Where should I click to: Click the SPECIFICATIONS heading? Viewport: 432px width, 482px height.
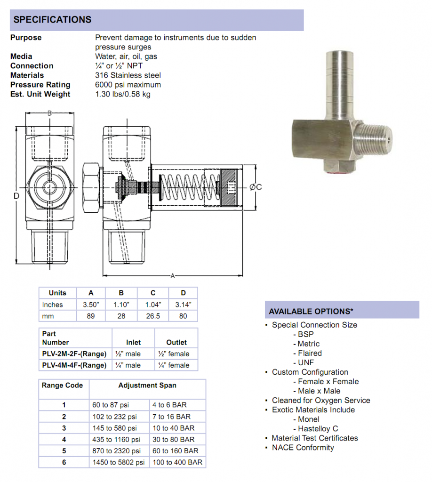click(52, 20)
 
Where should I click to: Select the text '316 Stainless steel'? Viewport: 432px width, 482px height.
click(128, 75)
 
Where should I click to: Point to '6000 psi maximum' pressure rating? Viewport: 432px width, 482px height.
click(128, 85)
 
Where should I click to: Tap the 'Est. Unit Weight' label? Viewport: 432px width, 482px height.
click(40, 94)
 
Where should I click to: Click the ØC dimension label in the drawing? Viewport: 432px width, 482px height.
click(256, 187)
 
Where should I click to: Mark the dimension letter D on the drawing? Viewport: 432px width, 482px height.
click(16, 195)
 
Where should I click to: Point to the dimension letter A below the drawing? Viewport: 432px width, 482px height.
click(172, 275)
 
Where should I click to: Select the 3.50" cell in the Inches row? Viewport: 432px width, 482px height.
click(91, 305)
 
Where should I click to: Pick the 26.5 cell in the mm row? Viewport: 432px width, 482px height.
click(153, 316)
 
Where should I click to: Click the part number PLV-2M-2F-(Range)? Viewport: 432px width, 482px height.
click(74, 354)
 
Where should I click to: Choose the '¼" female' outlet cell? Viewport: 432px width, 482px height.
click(176, 365)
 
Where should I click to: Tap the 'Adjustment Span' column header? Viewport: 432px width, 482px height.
click(147, 386)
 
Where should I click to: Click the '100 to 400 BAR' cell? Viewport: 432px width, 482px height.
click(177, 463)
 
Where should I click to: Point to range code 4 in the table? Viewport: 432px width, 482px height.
click(64, 440)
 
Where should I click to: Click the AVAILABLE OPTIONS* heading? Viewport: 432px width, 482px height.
click(311, 312)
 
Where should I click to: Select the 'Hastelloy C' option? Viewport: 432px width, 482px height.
click(318, 429)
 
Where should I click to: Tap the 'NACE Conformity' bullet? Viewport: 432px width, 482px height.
click(303, 448)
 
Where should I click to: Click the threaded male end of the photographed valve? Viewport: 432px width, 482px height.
click(372, 138)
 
